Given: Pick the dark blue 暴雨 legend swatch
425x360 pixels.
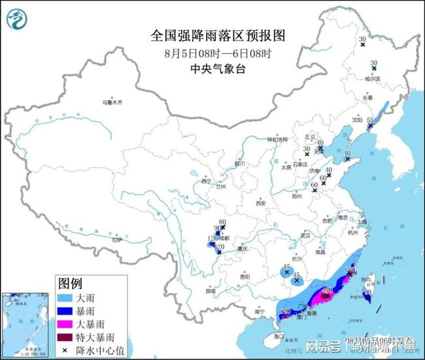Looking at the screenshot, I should pyautogui.click(x=65, y=311).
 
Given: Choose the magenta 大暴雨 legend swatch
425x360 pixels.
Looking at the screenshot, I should pyautogui.click(x=65, y=324).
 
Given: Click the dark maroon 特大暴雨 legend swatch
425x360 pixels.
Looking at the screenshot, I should pyautogui.click(x=65, y=337).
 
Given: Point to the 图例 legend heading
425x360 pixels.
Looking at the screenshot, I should pyautogui.click(x=70, y=283).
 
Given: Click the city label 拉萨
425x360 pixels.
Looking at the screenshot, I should pyautogui.click(x=117, y=240).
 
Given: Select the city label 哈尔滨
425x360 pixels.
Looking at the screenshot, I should pyautogui.click(x=371, y=79).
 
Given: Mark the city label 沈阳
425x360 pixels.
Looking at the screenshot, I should pyautogui.click(x=357, y=120).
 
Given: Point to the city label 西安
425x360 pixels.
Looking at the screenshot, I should pyautogui.click(x=262, y=204).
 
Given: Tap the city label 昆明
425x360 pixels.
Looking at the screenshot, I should pyautogui.click(x=210, y=291).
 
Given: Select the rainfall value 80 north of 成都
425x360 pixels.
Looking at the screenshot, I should pyautogui.click(x=222, y=222).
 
